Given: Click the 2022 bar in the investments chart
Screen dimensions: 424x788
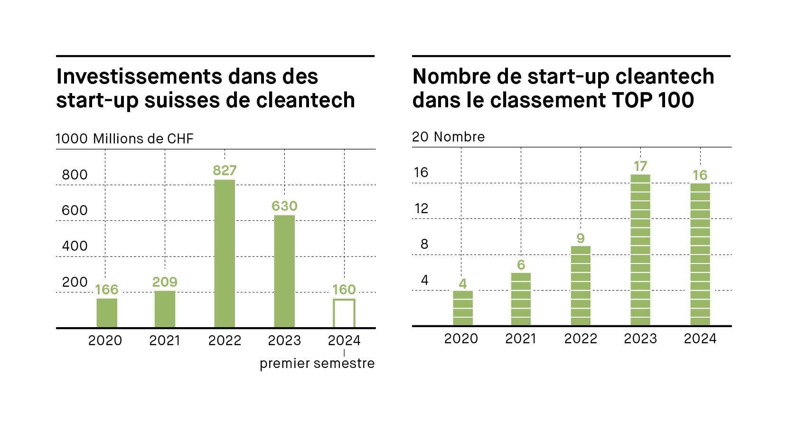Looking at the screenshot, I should pyautogui.click(x=225, y=254).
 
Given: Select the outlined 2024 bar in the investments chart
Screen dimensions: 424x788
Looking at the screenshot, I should pyautogui.click(x=344, y=313).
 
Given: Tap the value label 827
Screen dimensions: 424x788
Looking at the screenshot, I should pyautogui.click(x=225, y=170).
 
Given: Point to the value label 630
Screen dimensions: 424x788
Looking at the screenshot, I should pyautogui.click(x=284, y=206).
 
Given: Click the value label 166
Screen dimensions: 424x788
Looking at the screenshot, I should pyautogui.click(x=106, y=290).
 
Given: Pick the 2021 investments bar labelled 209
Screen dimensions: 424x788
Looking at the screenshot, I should pyautogui.click(x=165, y=309).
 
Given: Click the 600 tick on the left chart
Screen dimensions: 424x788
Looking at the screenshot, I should pyautogui.click(x=75, y=210).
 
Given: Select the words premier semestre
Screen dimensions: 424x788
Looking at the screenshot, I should pyautogui.click(x=317, y=364).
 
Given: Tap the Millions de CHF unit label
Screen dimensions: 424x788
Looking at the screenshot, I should pyautogui.click(x=143, y=139).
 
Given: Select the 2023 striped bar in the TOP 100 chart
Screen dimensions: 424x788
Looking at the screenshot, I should pyautogui.click(x=640, y=250).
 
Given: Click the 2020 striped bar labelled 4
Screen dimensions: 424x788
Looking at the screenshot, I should pyautogui.click(x=463, y=308).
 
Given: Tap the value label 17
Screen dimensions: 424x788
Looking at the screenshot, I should pyautogui.click(x=640, y=166).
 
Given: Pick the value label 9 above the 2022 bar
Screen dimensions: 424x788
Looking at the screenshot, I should pyautogui.click(x=580, y=238).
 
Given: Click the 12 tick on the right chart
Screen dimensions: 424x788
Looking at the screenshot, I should pyautogui.click(x=421, y=208).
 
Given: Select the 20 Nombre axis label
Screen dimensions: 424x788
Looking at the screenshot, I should pyautogui.click(x=448, y=137).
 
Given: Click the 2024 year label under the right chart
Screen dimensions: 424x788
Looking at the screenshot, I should pyautogui.click(x=700, y=339).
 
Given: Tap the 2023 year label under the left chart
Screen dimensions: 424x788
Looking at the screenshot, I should pyautogui.click(x=284, y=340).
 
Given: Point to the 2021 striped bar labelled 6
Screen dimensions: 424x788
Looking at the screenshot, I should pyautogui.click(x=521, y=299).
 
